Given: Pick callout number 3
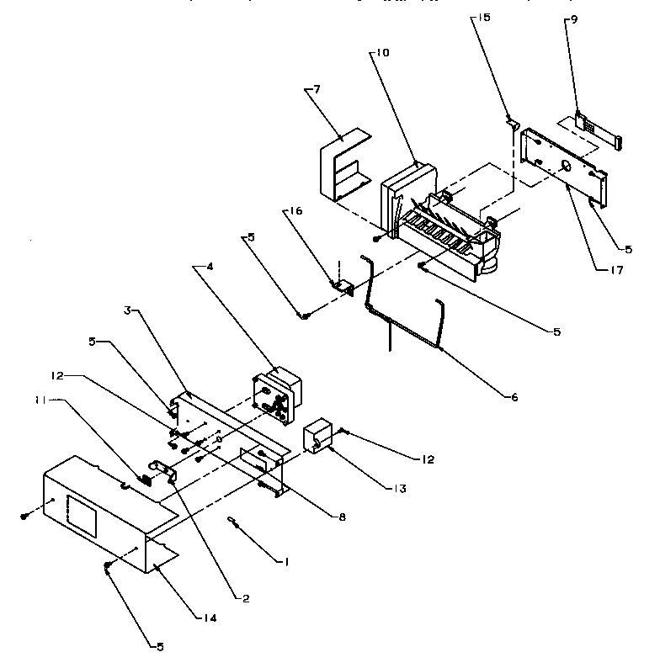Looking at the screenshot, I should point(127,310).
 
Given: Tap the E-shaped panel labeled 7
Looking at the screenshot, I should point(340,168).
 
